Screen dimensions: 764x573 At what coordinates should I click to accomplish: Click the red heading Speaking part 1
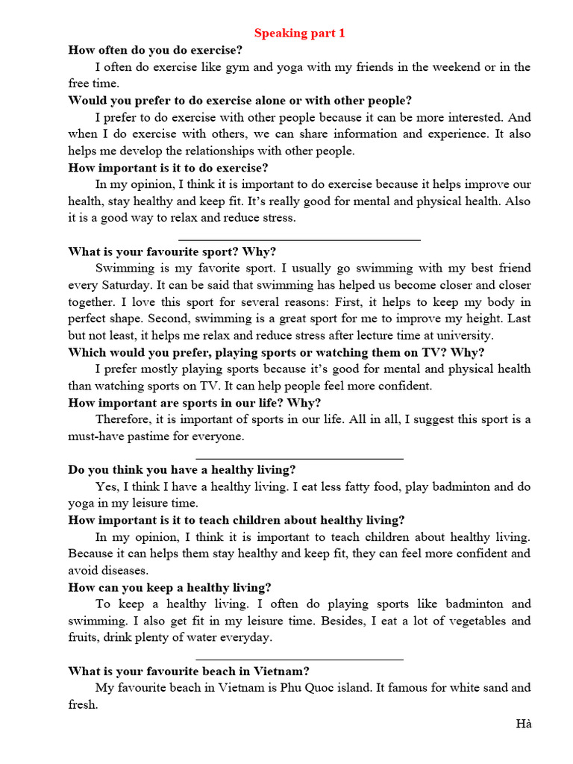tap(300, 33)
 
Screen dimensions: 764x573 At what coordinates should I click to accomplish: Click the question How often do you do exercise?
tap(155, 50)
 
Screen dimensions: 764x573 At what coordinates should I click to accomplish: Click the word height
tap(472, 319)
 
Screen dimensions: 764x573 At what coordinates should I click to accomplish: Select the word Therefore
tap(123, 419)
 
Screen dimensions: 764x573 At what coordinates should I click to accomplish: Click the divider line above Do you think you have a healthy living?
tap(299, 458)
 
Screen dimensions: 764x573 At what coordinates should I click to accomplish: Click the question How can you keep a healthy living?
tap(169, 587)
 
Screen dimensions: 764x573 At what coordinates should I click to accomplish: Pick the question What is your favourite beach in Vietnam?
tap(189, 671)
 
